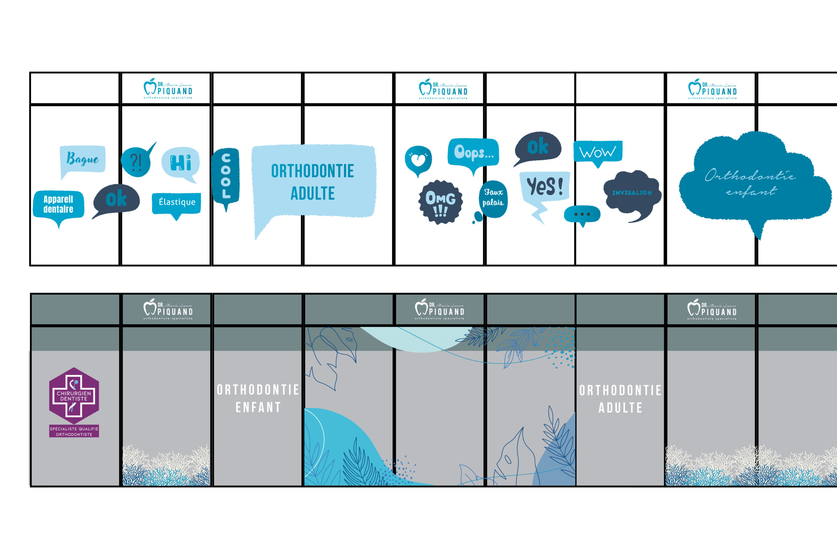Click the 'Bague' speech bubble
83,159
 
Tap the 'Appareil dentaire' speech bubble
58,204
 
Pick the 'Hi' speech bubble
180,162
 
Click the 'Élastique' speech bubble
177,202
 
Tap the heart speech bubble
418,160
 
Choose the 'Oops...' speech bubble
473,152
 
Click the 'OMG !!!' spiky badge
440,202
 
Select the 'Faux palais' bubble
493,198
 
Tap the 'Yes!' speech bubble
544,186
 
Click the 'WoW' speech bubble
597,152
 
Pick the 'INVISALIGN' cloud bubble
632,193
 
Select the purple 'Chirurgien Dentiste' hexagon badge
74,396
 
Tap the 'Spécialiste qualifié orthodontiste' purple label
74,431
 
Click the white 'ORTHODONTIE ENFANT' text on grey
258,398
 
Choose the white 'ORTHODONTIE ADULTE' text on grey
620,399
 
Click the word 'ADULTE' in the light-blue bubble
313,193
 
